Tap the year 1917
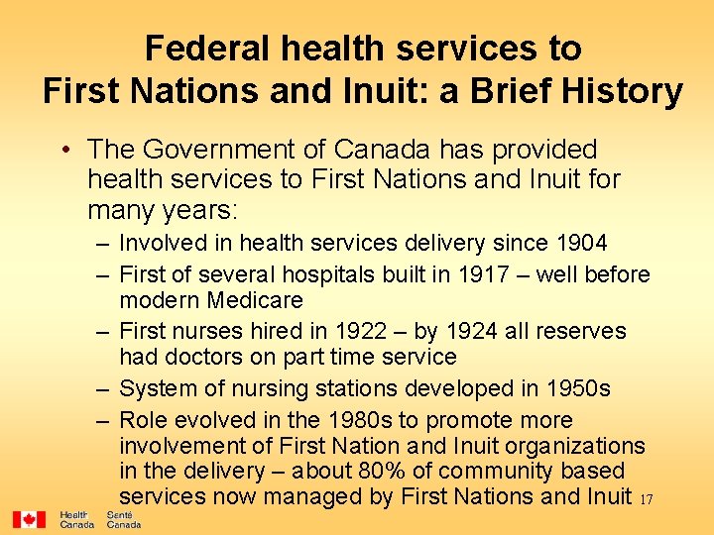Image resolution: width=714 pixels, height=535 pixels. pos(483,274)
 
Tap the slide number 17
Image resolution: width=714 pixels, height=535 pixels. pos(646,498)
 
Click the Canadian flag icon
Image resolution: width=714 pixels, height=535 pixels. pos(29,519)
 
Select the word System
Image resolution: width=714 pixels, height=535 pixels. pos(157,388)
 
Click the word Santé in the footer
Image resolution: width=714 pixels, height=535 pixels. pos(120,515)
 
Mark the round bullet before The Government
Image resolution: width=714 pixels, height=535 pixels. pos(63,151)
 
